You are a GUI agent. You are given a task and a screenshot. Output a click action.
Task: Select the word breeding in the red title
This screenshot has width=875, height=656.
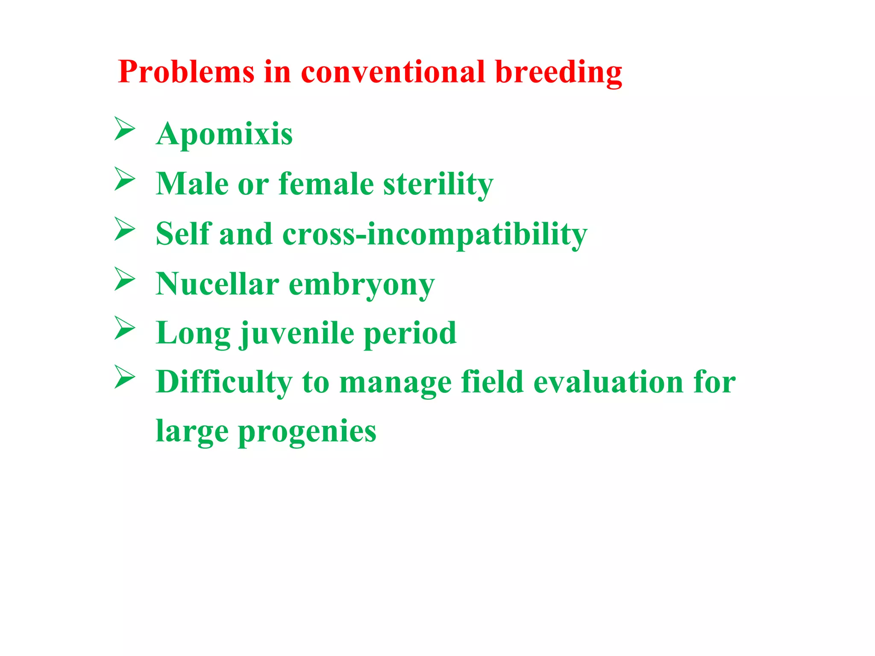point(558,73)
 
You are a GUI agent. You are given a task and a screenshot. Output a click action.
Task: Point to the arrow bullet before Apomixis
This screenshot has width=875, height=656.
point(125,129)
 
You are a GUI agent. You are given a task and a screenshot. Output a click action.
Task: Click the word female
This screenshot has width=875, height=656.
point(326,184)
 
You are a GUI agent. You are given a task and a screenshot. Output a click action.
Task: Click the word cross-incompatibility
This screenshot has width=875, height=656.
point(435,234)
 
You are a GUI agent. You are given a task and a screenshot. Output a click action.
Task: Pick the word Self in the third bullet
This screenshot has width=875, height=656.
point(183,234)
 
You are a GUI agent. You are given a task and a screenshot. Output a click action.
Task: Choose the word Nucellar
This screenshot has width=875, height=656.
point(217,284)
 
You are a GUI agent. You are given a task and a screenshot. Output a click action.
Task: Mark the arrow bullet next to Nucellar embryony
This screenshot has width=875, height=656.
point(125,279)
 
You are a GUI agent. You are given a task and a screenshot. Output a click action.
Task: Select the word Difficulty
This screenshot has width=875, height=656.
point(224,382)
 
